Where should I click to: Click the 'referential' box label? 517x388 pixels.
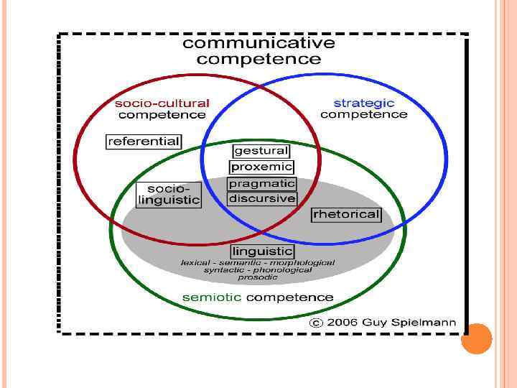click(144, 142)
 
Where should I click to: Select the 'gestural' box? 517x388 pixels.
click(261, 151)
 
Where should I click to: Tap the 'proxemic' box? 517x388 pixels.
click(261, 167)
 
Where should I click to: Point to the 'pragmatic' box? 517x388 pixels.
click(261, 183)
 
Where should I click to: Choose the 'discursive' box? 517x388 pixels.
click(261, 198)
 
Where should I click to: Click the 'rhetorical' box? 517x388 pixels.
click(345, 214)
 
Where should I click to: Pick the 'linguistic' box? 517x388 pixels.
click(262, 251)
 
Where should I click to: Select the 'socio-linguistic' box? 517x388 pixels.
click(169, 194)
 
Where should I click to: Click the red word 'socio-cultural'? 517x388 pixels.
click(163, 103)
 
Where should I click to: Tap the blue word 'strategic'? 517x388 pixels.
click(364, 103)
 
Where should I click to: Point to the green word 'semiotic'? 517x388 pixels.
click(213, 297)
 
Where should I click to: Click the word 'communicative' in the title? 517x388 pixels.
click(258, 42)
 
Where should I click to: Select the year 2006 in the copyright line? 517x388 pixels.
click(343, 323)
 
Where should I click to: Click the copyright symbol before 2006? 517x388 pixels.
click(315, 323)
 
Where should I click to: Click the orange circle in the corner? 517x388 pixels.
click(476, 339)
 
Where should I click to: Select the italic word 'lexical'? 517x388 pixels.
click(195, 263)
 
